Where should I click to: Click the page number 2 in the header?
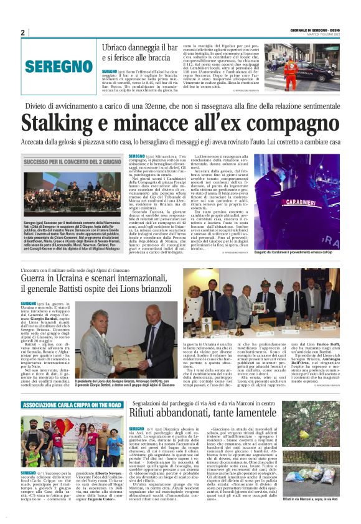[x=22, y=32]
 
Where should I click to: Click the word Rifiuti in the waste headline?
[x=149, y=414]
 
